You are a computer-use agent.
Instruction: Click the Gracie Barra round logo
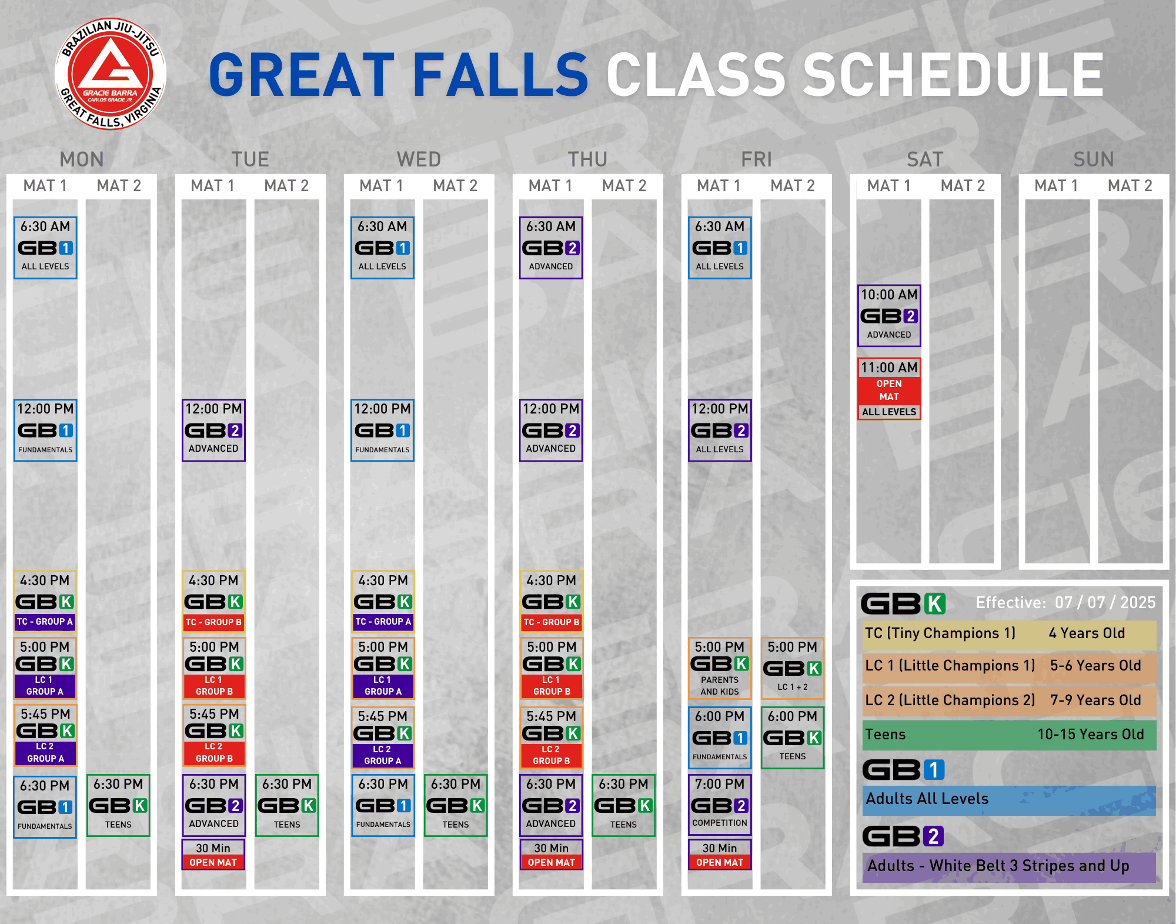point(111,74)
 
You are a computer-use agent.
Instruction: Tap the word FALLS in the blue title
point(500,75)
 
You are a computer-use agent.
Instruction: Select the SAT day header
point(925,159)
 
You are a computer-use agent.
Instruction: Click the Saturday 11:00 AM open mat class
point(889,388)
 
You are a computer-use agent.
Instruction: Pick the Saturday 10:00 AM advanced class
point(889,316)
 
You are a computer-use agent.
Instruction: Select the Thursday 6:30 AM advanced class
point(551,248)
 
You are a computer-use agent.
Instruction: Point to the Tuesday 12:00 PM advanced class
point(213,430)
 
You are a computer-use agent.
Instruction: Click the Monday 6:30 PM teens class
point(118,805)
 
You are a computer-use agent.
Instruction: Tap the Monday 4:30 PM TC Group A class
point(45,601)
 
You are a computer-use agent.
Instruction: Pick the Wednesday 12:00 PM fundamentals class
point(382,430)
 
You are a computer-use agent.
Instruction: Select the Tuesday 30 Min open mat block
point(213,855)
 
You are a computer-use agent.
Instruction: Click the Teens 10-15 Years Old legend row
point(1009,735)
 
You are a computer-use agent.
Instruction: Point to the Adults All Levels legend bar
point(1009,800)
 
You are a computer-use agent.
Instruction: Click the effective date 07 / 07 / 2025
point(1105,602)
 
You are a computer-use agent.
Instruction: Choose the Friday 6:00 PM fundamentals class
point(720,738)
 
